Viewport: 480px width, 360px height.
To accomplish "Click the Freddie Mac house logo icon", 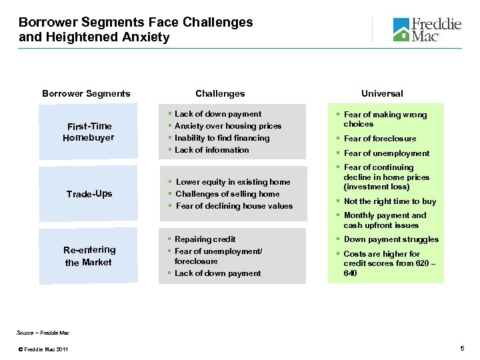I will (401, 30).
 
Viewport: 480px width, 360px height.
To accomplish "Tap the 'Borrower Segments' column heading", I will (86, 93).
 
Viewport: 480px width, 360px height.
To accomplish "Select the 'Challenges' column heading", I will (220, 93).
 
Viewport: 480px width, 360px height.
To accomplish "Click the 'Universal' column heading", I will (382, 93).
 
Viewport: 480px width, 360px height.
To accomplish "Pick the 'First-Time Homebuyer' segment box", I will (89, 132).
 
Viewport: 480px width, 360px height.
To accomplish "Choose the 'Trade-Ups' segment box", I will (89, 194).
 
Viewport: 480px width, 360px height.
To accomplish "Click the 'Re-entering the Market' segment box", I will (89, 256).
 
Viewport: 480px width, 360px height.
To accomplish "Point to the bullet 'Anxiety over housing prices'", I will (227, 126).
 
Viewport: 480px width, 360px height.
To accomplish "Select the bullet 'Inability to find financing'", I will (222, 138).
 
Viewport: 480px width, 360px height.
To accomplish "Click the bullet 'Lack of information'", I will (211, 150).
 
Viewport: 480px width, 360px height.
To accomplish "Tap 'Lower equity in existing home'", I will (233, 182).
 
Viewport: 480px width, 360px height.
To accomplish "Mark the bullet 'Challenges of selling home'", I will (227, 194).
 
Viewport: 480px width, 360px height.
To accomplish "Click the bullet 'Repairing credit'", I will (205, 239).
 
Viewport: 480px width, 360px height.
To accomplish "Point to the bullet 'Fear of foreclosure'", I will (379, 139).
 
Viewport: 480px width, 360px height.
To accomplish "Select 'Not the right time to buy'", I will (389, 201).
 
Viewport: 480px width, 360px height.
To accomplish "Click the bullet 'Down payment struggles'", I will (391, 239).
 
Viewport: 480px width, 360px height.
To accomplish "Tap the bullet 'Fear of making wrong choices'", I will (385, 119).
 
